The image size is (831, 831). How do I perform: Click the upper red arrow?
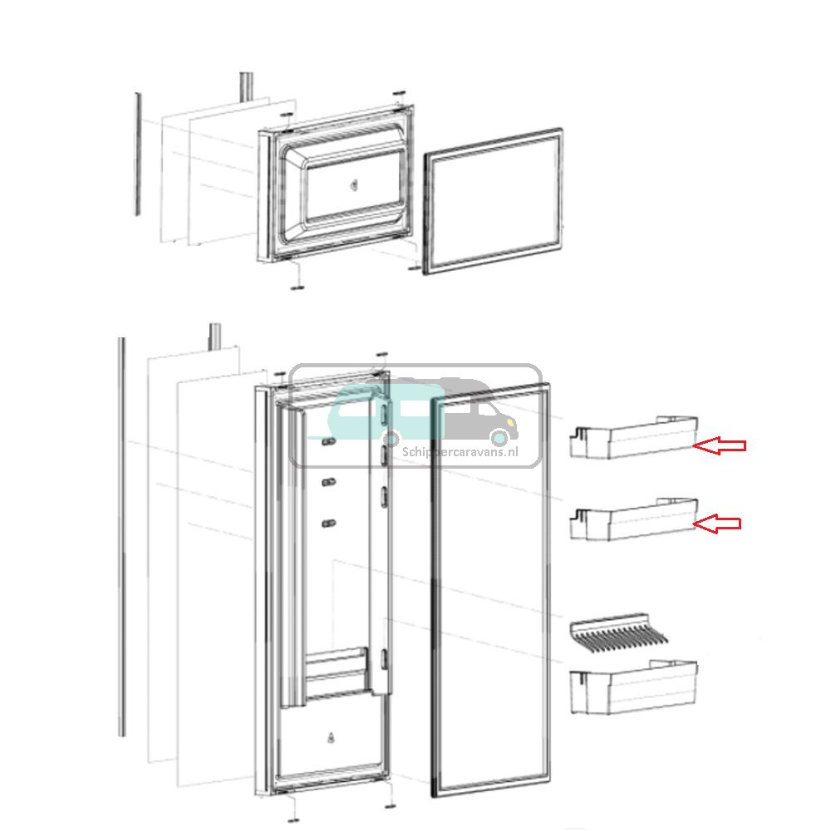click(720, 446)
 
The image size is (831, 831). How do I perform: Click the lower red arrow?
click(716, 524)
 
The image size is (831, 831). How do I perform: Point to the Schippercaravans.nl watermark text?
click(459, 452)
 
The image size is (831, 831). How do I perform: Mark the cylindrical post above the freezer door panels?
click(246, 86)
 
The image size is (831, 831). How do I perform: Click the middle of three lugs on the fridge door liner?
click(328, 481)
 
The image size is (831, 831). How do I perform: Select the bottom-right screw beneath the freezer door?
click(415, 268)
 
